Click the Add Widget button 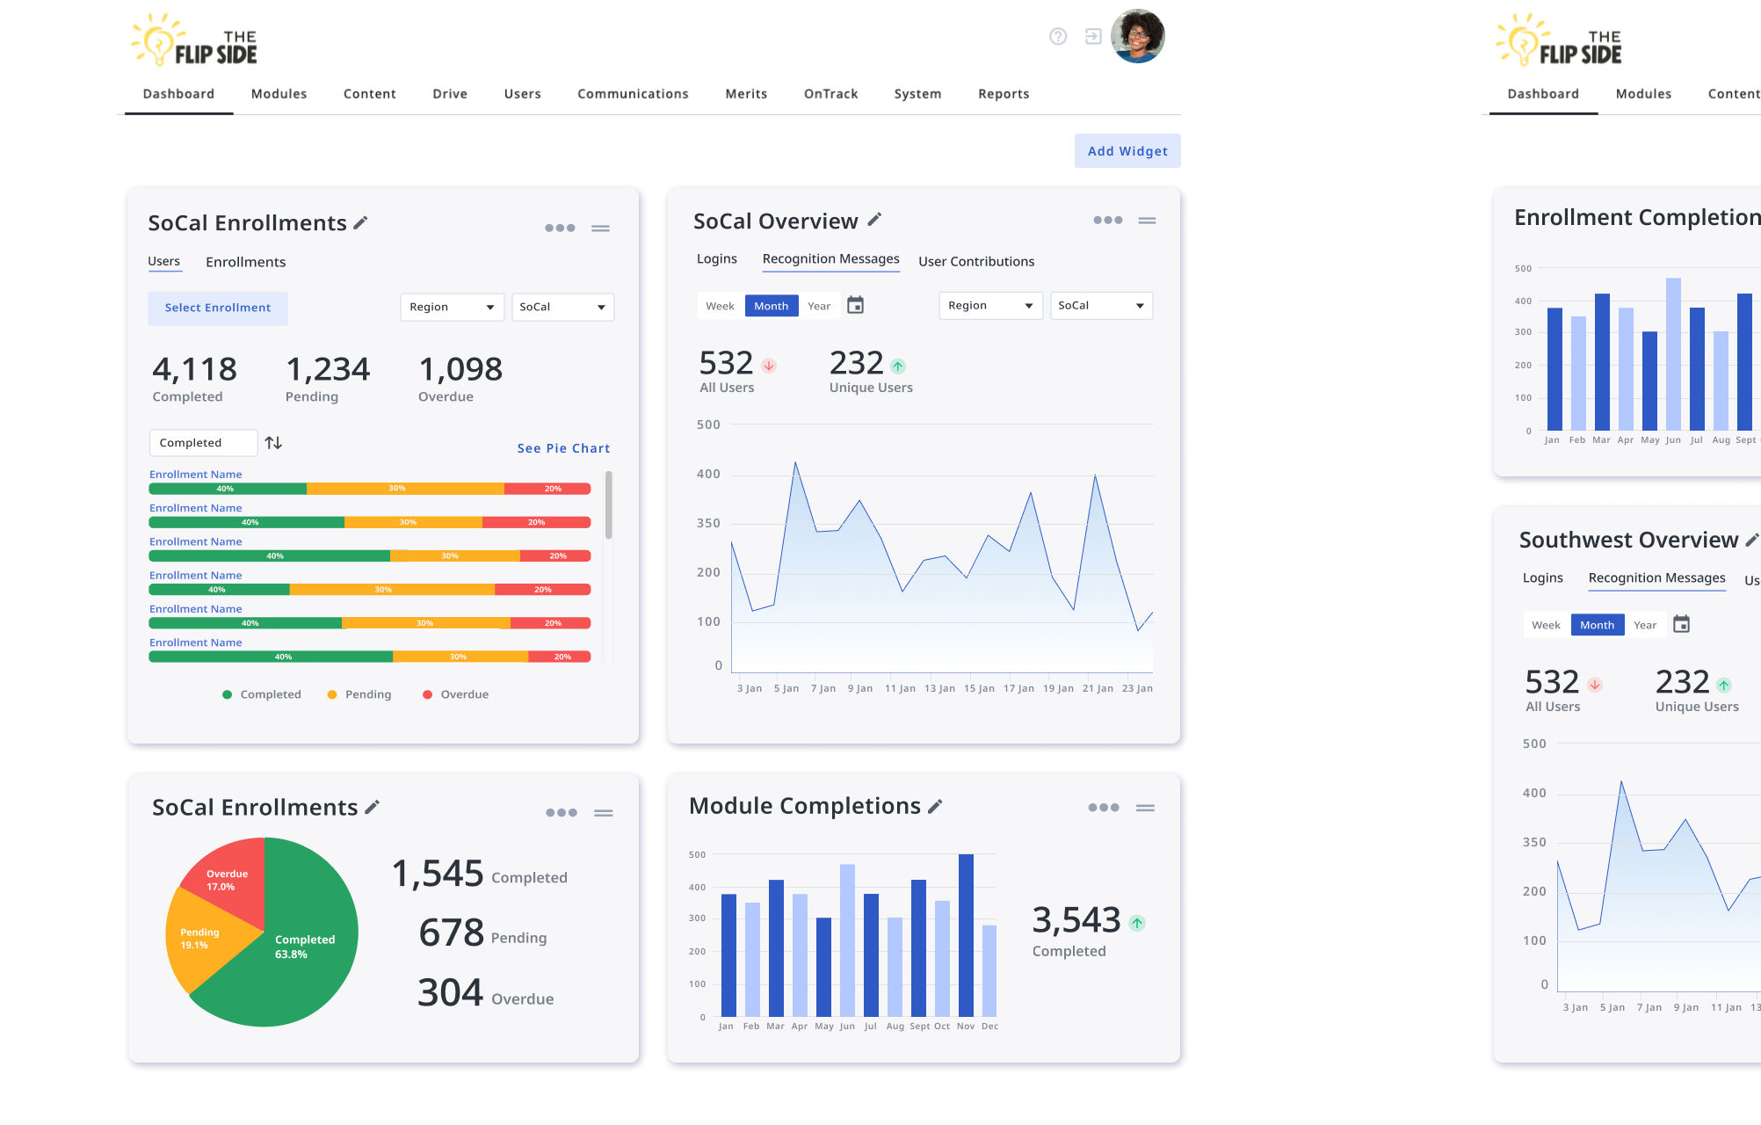click(x=1127, y=151)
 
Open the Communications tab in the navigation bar click(x=633, y=94)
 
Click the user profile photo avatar click(x=1137, y=37)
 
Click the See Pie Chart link click(x=563, y=448)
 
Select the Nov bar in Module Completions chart click(x=966, y=936)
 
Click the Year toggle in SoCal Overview click(x=819, y=306)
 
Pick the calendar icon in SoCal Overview click(x=855, y=305)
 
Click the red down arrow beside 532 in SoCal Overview click(x=769, y=366)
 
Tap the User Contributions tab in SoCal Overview click(x=976, y=261)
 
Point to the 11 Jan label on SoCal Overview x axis click(x=900, y=688)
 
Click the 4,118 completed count click(x=194, y=369)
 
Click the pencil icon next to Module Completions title click(x=935, y=806)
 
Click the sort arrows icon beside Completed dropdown click(x=274, y=443)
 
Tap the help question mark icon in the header click(x=1058, y=36)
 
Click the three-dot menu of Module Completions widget click(x=1103, y=808)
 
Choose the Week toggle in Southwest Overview click(x=1546, y=625)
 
